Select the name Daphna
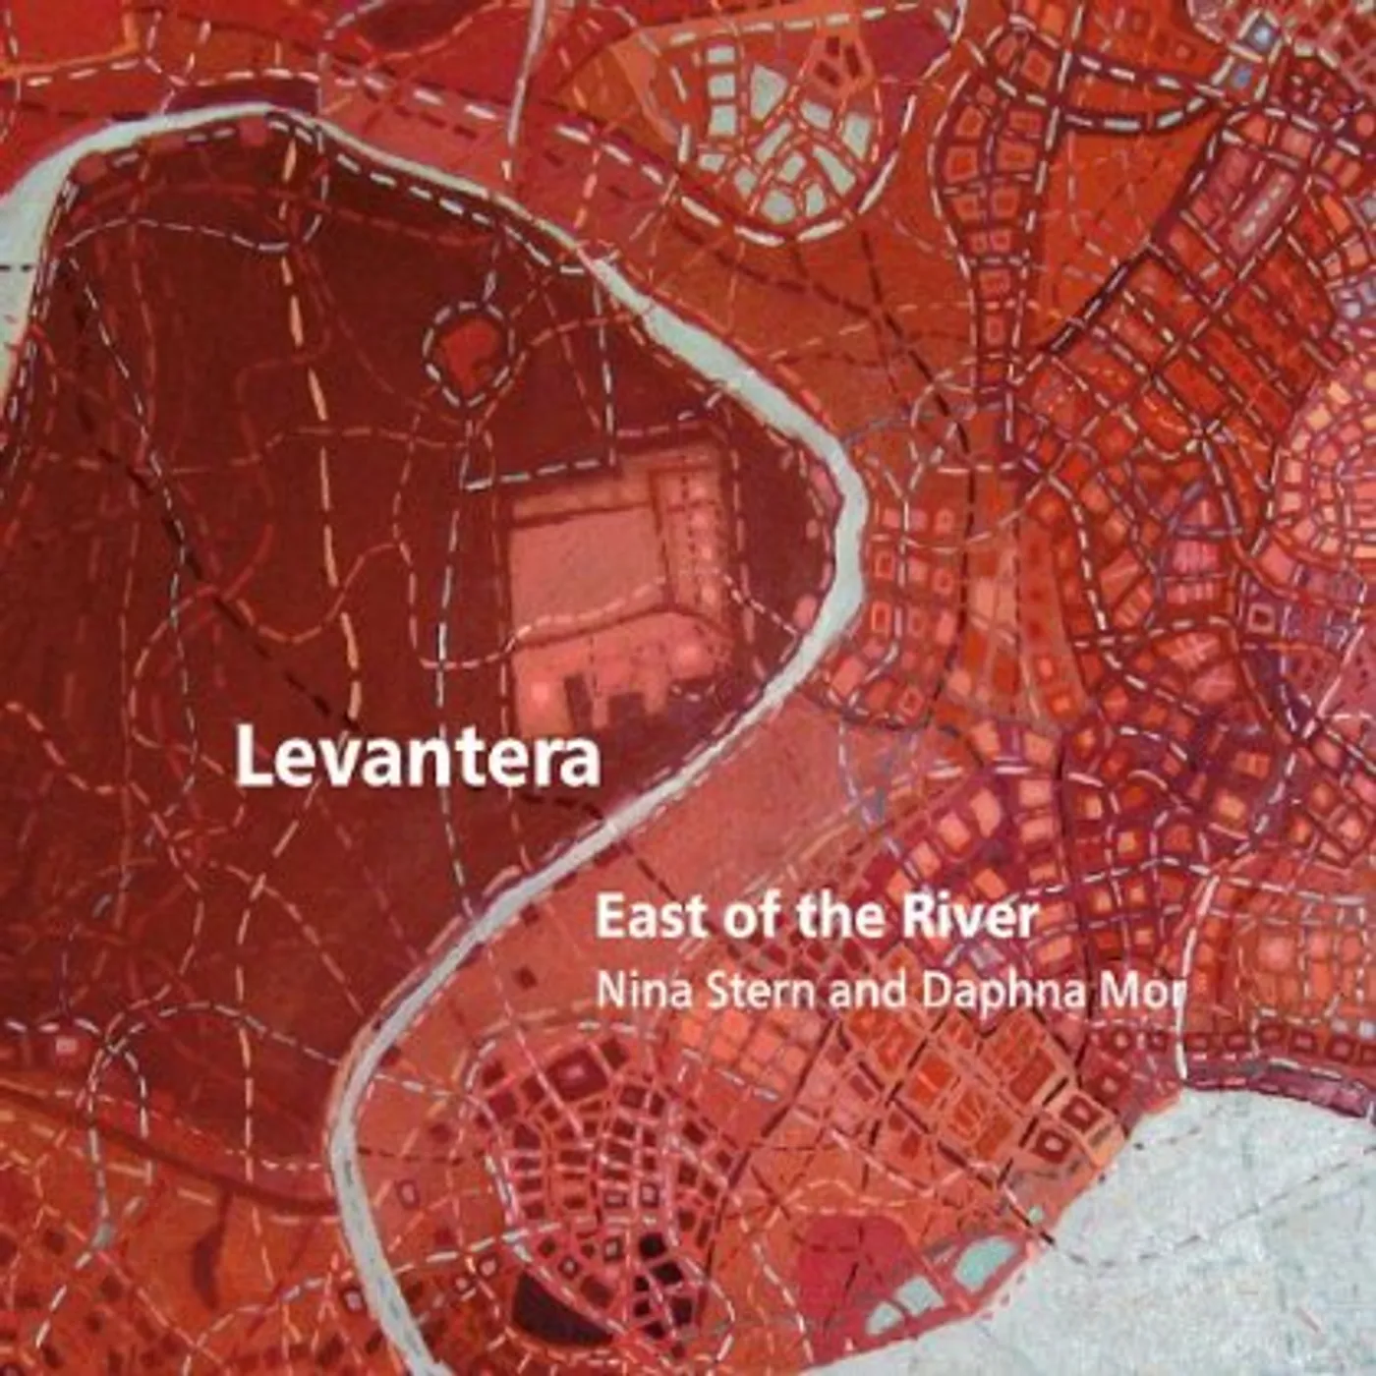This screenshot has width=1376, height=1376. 993,991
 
